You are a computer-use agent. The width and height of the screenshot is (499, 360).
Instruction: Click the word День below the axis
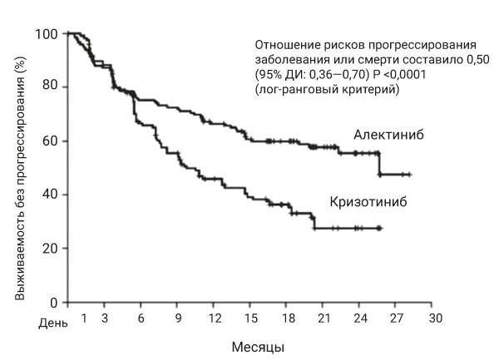[x=52, y=323]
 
